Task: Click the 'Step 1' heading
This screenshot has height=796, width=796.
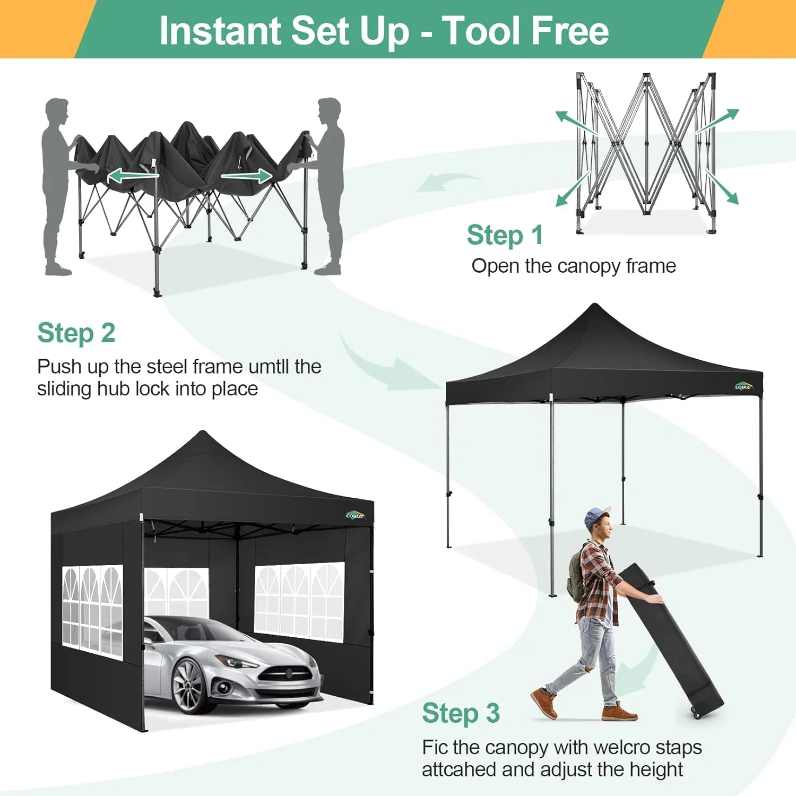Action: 505,235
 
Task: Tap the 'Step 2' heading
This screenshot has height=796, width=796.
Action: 76,333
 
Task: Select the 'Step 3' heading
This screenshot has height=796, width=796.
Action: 461,713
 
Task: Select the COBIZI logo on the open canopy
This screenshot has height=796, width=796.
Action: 743,386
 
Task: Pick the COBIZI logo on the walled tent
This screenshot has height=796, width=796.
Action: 354,515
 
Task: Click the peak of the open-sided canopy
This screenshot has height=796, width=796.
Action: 595,307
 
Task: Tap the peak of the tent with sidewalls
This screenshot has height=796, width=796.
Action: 203,434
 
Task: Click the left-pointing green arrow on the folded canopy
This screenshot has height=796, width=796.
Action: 125,176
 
